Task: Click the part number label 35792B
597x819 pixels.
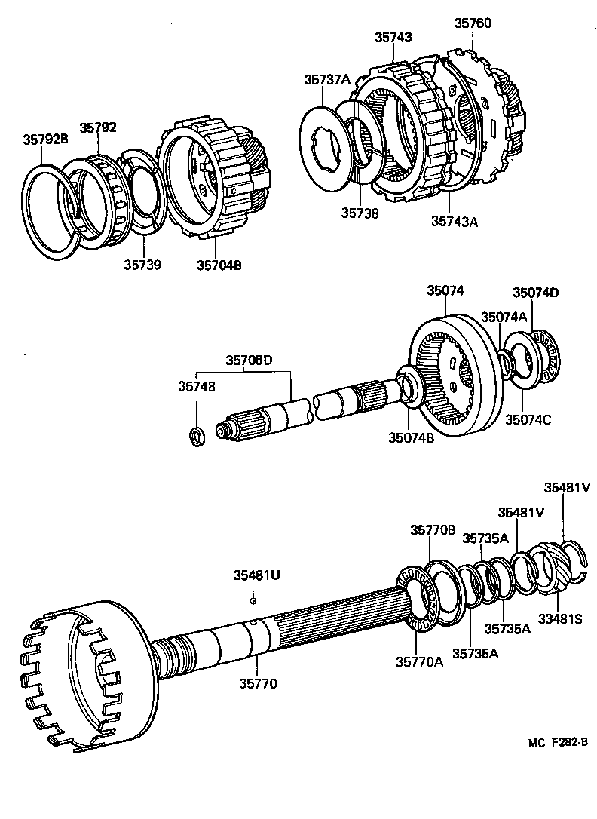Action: click(x=46, y=139)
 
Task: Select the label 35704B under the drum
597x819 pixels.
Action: click(x=219, y=265)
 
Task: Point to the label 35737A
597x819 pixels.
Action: click(x=327, y=79)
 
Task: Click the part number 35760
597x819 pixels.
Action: click(x=473, y=23)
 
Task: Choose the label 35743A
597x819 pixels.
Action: click(x=455, y=221)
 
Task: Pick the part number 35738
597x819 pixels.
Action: click(x=359, y=213)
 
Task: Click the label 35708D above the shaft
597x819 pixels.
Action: click(x=248, y=360)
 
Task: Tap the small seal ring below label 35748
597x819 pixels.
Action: click(x=196, y=435)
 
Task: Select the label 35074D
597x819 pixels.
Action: click(x=536, y=293)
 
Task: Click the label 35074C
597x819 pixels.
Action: click(x=528, y=419)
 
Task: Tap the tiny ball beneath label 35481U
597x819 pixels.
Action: click(x=254, y=601)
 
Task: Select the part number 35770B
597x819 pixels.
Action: click(x=432, y=530)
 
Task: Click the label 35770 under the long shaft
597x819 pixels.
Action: click(x=259, y=684)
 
